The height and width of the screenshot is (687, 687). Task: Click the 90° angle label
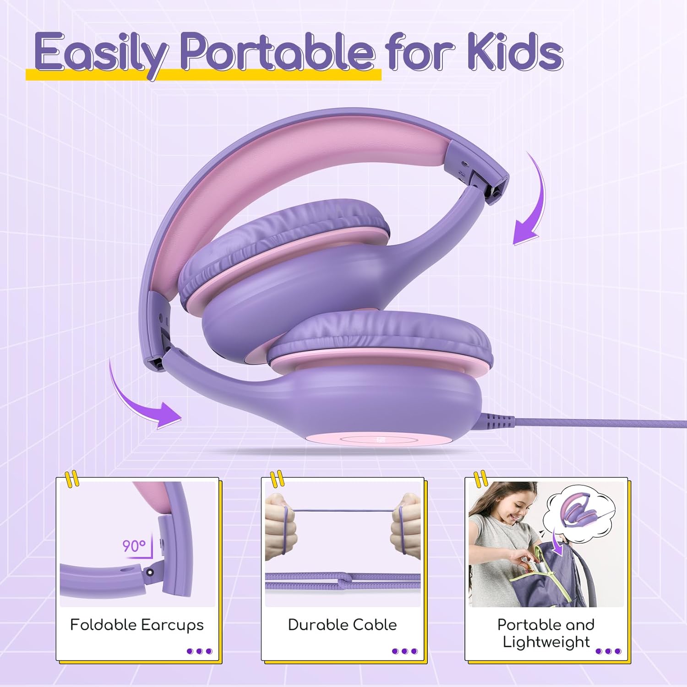point(134,546)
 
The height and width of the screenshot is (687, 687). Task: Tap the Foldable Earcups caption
point(136,625)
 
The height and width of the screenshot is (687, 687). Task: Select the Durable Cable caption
point(342,625)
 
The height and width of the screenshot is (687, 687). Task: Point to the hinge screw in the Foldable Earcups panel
point(150,571)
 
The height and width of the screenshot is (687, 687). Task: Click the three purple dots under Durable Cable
point(405,651)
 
